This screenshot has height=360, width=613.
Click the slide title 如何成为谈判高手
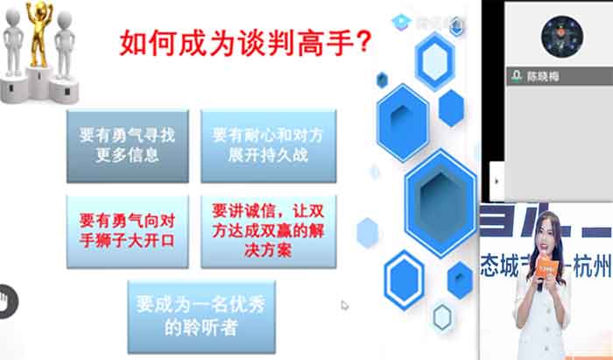pos(243,42)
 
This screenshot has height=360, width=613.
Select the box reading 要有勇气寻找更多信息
pos(127,145)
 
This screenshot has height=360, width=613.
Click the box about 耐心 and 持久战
pos(268,145)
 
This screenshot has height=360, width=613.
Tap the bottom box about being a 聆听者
pos(201,316)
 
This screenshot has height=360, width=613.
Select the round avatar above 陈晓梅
pos(561,38)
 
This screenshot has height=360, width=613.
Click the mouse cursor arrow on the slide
pos(344,305)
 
